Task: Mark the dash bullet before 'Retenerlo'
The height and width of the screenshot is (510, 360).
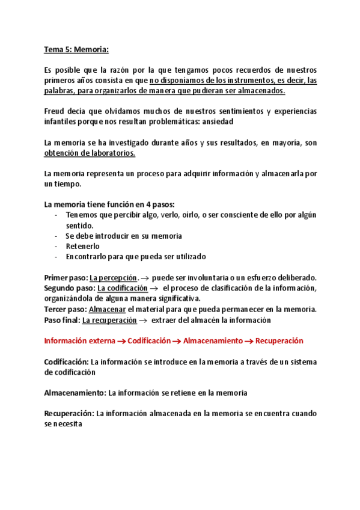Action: point(56,246)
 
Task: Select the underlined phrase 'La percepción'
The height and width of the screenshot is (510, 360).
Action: point(113,278)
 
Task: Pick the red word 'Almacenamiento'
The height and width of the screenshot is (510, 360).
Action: point(213,341)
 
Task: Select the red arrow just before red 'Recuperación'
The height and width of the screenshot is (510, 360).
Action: point(249,342)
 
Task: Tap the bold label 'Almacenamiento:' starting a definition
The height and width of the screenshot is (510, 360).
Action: point(75,393)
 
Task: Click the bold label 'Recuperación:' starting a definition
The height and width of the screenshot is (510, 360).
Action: point(69,414)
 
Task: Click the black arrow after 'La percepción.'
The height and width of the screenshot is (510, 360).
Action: point(145,278)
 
